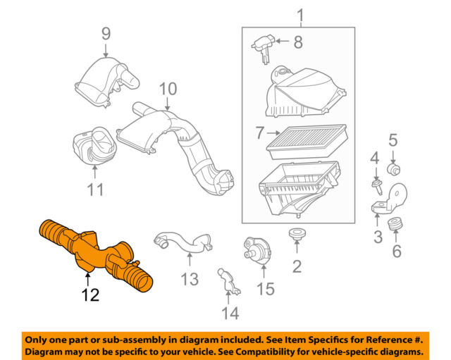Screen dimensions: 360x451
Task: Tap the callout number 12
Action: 89,296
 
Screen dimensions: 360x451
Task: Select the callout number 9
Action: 106,32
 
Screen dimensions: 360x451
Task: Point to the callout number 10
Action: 167,89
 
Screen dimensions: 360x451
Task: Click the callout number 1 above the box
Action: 301,14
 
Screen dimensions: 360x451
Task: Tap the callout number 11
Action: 95,189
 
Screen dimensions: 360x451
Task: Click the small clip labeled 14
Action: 228,280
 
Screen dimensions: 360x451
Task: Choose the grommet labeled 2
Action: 296,235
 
